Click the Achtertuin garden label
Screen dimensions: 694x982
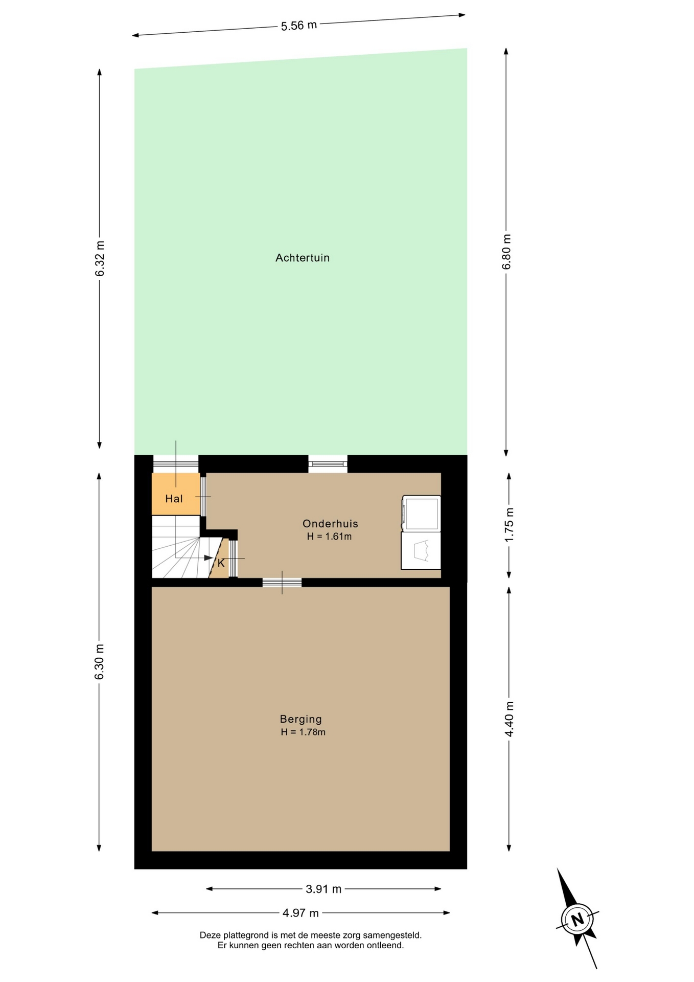[303, 258]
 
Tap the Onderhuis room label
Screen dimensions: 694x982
[330, 524]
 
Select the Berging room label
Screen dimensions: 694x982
[301, 719]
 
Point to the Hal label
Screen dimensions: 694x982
[174, 499]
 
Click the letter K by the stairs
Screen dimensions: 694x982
[221, 564]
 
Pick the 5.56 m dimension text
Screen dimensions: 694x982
[299, 25]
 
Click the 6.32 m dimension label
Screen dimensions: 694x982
[100, 258]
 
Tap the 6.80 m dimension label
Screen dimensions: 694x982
[506, 252]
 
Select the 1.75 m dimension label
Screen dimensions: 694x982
[509, 525]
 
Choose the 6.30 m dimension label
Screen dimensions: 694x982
[100, 662]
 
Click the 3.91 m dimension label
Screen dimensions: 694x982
[323, 889]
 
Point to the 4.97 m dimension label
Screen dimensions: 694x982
[300, 912]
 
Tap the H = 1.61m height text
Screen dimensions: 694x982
[329, 537]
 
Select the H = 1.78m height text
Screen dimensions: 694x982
[303, 732]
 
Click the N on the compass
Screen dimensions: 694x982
[577, 920]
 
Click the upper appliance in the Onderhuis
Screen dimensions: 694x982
[421, 514]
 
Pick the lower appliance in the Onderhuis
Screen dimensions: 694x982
[421, 551]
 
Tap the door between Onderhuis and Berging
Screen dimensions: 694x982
[282, 583]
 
